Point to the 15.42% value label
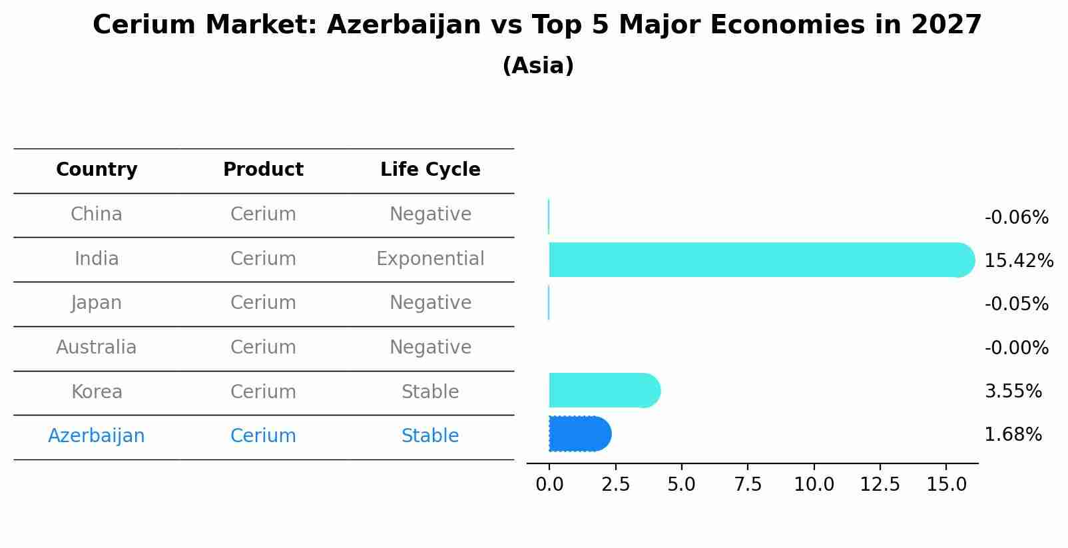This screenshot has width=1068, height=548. tap(1018, 260)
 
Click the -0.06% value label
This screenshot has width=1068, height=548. tap(1016, 218)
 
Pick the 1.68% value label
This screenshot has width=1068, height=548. tap(1013, 435)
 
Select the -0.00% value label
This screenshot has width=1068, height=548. tap(1016, 348)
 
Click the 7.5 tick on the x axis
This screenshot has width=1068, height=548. tap(748, 485)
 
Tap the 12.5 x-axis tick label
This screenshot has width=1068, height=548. tap(880, 485)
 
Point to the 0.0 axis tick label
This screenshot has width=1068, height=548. tap(549, 485)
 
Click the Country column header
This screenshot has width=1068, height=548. tap(97, 170)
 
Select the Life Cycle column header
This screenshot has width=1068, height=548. tap(430, 170)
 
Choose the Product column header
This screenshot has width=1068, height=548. tap(263, 170)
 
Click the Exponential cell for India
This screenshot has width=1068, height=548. tap(430, 258)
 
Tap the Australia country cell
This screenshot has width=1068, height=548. tap(97, 348)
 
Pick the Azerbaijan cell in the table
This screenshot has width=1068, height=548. tap(97, 436)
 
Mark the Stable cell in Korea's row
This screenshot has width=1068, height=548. tap(430, 392)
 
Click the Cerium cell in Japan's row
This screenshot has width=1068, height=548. tap(263, 303)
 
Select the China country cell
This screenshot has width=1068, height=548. tap(97, 214)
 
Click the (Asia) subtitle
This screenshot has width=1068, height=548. tap(538, 66)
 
